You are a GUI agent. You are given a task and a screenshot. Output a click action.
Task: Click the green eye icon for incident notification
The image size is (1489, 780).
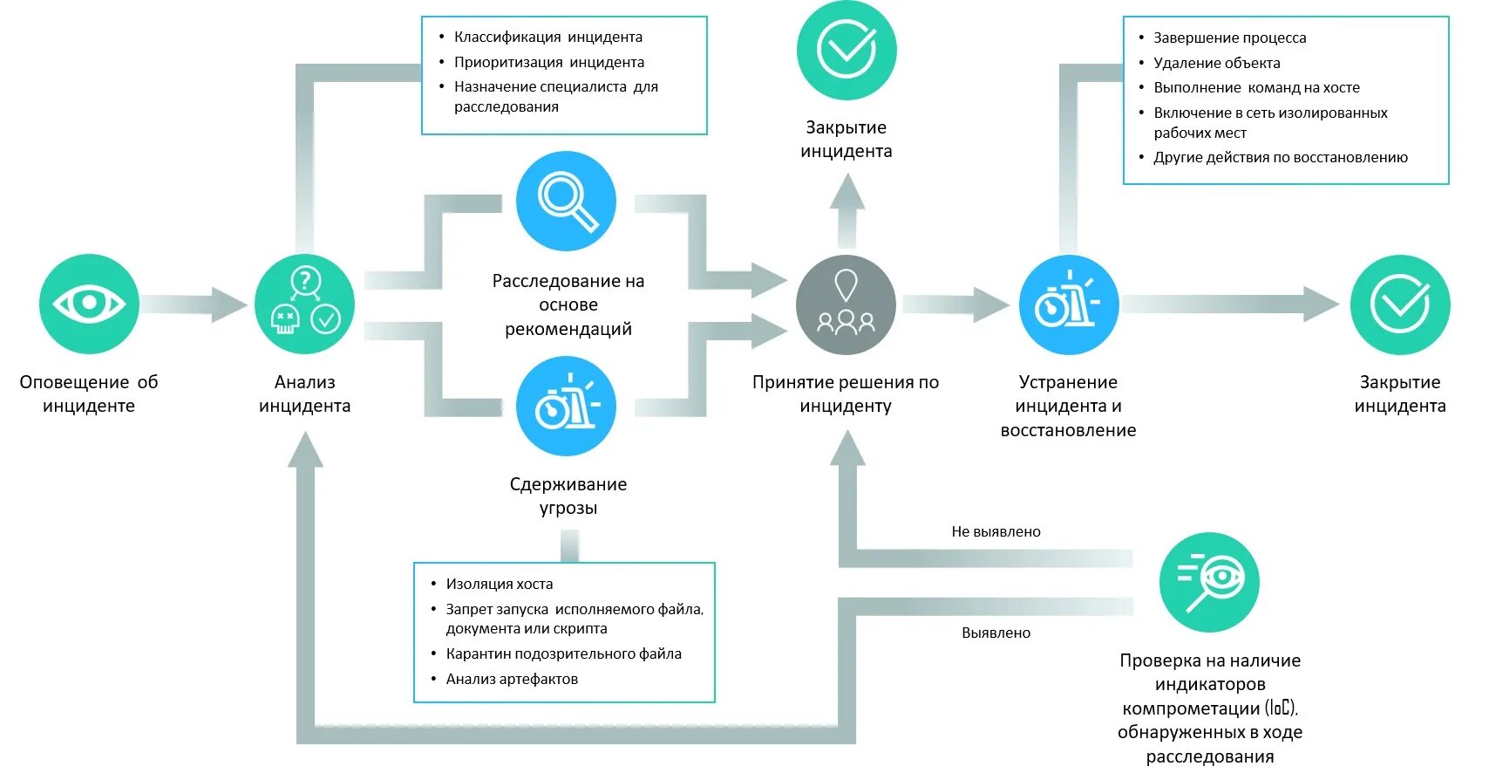(89, 304)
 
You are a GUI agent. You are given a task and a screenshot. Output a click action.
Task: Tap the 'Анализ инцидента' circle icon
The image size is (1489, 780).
(304, 304)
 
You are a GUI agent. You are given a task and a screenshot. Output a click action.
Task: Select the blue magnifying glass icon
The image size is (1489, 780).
(566, 202)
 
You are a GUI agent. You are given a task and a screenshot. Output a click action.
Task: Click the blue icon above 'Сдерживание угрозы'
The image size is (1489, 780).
(566, 406)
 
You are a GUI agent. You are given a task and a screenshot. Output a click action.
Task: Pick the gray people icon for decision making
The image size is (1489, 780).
(846, 304)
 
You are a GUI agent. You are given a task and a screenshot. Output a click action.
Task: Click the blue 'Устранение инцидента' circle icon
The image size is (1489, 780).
(1069, 304)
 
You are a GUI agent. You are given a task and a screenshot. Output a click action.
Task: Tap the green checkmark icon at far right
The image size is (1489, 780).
(1399, 304)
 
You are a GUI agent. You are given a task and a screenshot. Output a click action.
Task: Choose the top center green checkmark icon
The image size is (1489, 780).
(846, 51)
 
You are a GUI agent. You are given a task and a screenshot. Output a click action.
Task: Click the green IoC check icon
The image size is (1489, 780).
(1209, 582)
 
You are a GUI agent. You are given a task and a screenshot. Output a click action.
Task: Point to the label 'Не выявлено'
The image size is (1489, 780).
(996, 531)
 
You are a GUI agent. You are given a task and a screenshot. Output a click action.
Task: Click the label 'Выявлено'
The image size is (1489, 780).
(996, 633)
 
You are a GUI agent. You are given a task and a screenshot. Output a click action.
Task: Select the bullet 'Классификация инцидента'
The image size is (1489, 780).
(547, 37)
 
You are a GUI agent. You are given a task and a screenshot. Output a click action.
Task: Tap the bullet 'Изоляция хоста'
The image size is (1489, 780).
(499, 584)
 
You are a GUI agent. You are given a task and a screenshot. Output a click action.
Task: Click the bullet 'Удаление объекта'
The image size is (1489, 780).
(1216, 63)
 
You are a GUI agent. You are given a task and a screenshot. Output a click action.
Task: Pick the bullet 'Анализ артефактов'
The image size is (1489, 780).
(512, 679)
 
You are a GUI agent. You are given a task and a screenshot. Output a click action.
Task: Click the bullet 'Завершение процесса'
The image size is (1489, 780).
(1229, 38)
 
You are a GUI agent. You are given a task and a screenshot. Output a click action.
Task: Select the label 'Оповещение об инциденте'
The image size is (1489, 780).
(89, 393)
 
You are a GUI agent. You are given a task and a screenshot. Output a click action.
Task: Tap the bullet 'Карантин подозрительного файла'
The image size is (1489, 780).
(563, 653)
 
